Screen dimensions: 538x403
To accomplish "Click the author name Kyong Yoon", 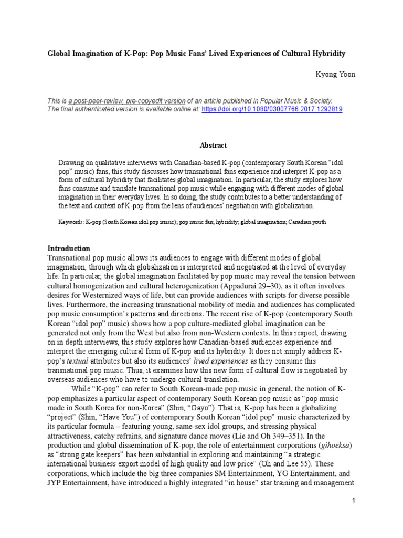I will (x=334, y=75).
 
